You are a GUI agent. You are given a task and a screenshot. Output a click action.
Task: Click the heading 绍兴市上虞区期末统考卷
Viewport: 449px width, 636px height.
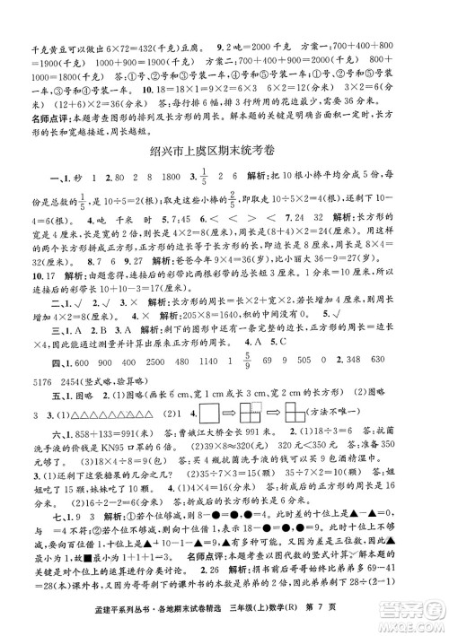224,148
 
